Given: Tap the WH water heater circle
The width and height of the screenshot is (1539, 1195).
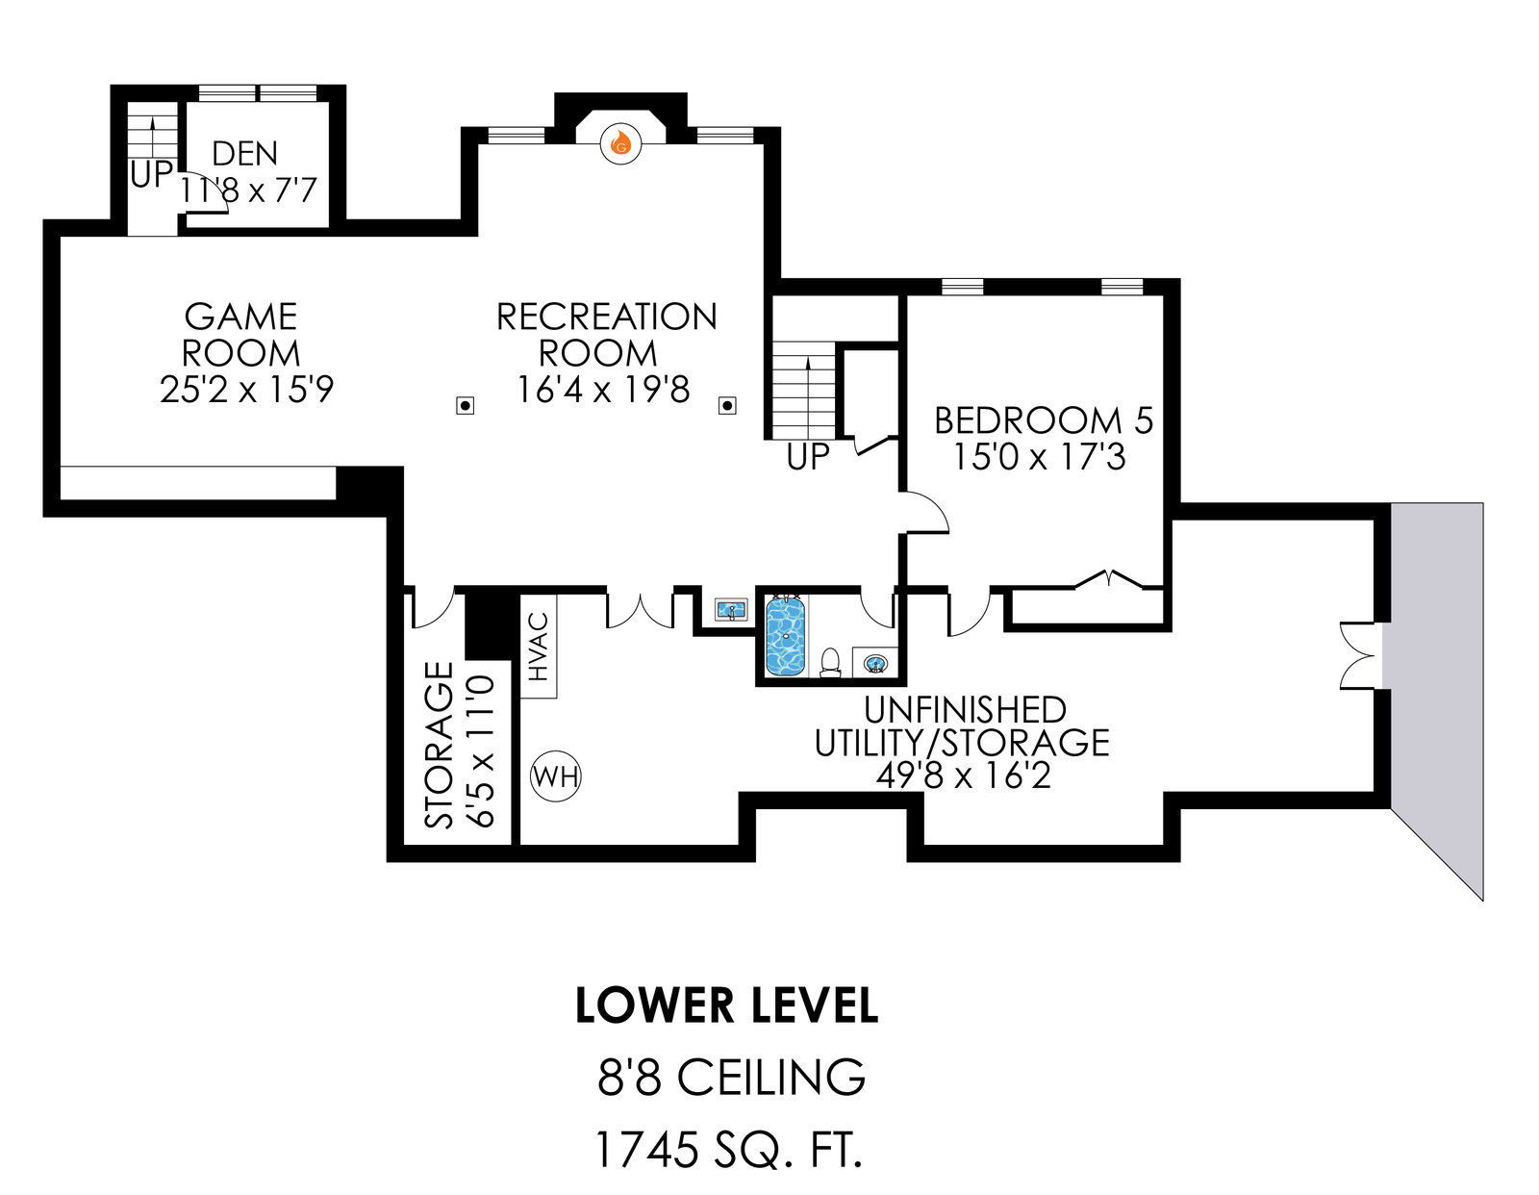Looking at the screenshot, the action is [x=556, y=775].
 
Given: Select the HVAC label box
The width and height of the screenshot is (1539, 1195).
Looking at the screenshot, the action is [x=539, y=647].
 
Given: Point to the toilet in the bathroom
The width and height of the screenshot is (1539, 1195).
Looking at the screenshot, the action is [x=830, y=662].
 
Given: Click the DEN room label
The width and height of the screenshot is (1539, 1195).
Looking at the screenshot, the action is [x=245, y=154].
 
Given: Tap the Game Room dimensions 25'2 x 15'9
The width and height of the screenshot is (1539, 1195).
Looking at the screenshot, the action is [x=246, y=390].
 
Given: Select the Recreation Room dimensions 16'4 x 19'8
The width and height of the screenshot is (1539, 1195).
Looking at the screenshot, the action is [x=603, y=390].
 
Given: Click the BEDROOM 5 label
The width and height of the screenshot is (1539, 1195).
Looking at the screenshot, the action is [x=1043, y=420].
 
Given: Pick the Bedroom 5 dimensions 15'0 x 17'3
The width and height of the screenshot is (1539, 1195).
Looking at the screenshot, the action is [x=1039, y=456].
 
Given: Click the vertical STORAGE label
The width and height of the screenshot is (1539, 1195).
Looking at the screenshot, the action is [x=440, y=745].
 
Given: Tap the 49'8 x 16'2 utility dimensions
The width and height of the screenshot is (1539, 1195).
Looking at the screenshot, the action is [x=963, y=775].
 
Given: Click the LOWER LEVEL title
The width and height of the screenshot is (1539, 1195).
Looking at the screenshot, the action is [x=726, y=1005].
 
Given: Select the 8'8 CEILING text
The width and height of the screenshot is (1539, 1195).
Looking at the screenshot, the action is [x=731, y=1078].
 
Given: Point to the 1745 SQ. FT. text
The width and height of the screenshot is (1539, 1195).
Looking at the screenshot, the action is [x=727, y=1149].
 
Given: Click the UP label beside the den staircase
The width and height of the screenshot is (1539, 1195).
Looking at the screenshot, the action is [x=151, y=175].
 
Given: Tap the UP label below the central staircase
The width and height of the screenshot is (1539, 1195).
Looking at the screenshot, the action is [x=807, y=458].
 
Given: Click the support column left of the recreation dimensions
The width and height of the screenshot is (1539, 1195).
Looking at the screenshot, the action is [x=465, y=406].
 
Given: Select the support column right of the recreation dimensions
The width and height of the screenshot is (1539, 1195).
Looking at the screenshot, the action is [x=727, y=406].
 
